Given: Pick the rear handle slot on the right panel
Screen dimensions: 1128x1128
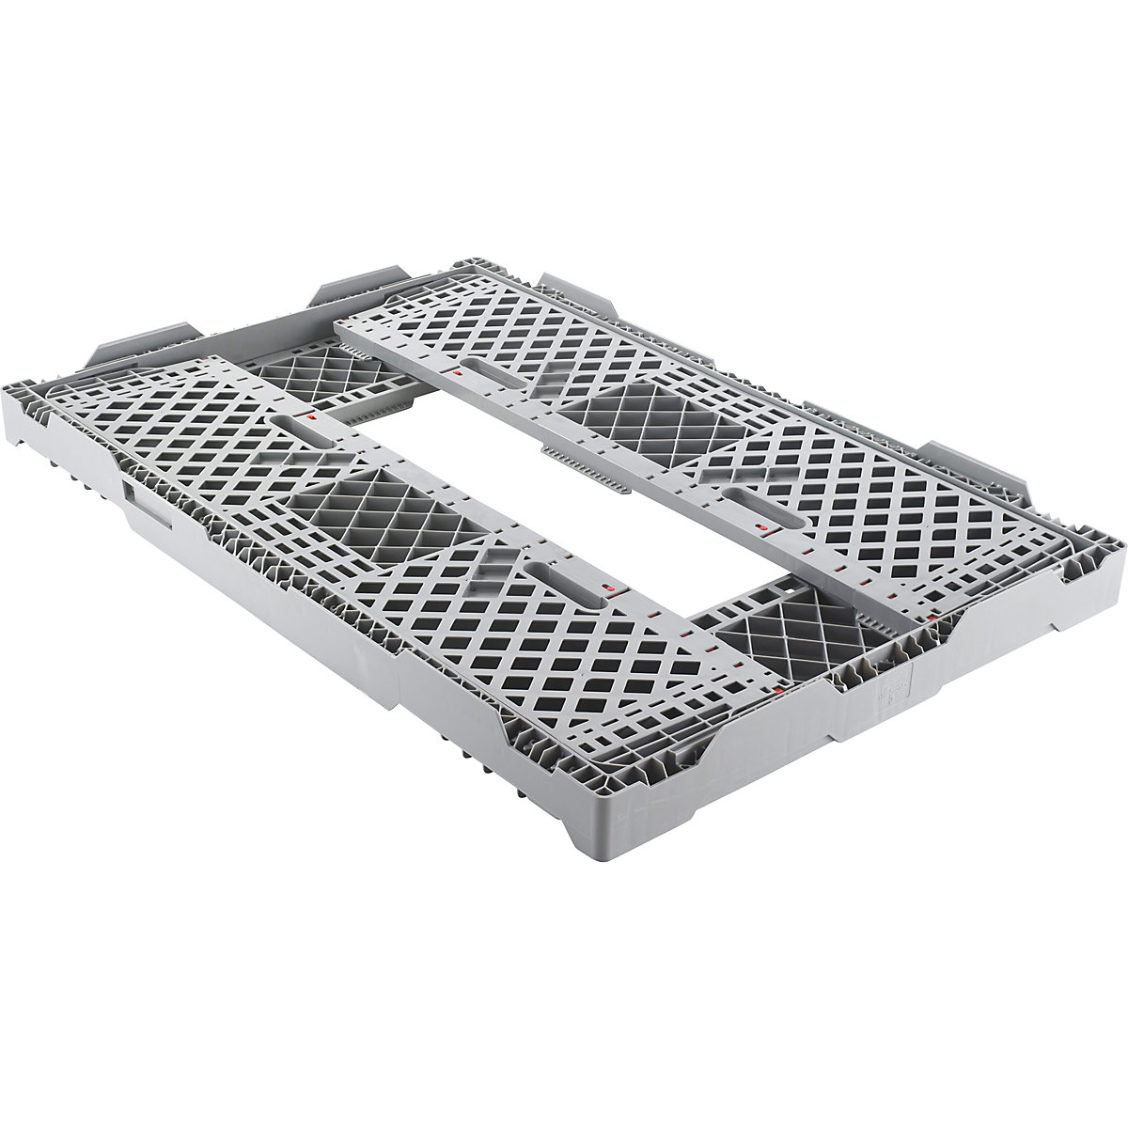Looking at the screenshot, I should [x=489, y=366].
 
